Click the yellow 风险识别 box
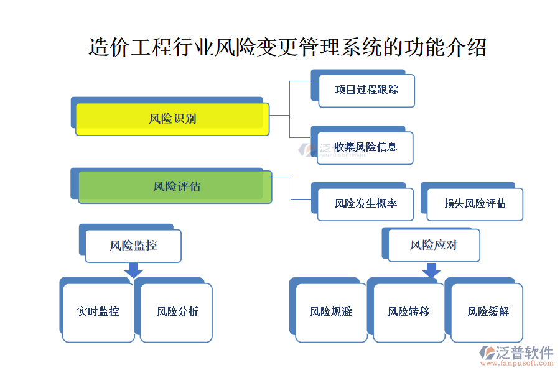click(172, 119)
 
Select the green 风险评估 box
click(175, 186)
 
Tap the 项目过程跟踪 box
click(366, 90)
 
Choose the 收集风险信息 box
click(365, 147)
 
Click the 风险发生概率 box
click(365, 204)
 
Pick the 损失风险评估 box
click(475, 204)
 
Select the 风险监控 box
click(133, 246)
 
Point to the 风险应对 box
click(434, 245)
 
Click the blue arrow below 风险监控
click(133, 270)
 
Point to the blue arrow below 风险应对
click(431, 270)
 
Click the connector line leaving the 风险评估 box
click(291, 186)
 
